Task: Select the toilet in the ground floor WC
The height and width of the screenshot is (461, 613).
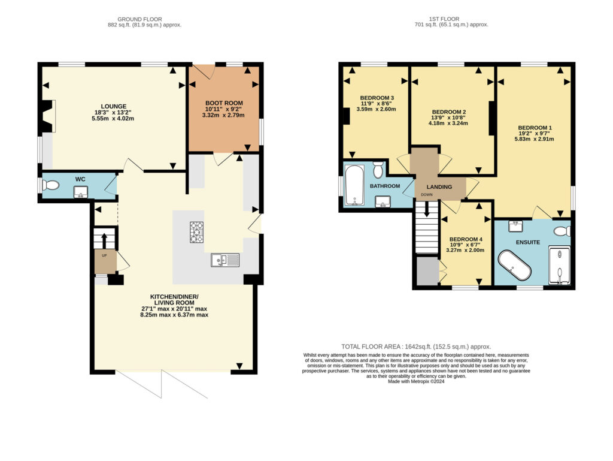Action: pyautogui.click(x=50, y=185)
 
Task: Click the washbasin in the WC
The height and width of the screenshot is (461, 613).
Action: pyautogui.click(x=81, y=192)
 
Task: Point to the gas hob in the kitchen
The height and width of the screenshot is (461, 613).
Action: pyautogui.click(x=196, y=232)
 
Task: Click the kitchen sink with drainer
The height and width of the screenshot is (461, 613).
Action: pyautogui.click(x=225, y=260)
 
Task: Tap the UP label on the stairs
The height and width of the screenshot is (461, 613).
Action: pyautogui.click(x=104, y=255)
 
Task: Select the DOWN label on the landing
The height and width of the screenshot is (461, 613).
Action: pyautogui.click(x=426, y=194)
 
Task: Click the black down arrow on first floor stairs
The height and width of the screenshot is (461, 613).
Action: pyautogui.click(x=426, y=209)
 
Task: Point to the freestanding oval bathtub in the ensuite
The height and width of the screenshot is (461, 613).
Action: pyautogui.click(x=514, y=265)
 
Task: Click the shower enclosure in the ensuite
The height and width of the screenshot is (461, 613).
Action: pyautogui.click(x=560, y=265)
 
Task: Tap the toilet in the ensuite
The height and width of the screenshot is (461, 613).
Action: pyautogui.click(x=563, y=231)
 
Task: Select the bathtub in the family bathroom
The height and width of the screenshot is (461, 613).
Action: pyautogui.click(x=355, y=185)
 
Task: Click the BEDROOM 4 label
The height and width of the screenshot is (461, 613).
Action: pyautogui.click(x=466, y=239)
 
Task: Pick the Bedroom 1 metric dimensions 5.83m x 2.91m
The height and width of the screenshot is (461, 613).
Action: pyautogui.click(x=534, y=138)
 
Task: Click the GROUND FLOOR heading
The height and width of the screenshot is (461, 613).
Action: pyautogui.click(x=139, y=19)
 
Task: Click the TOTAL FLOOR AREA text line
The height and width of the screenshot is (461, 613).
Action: pyautogui.click(x=416, y=346)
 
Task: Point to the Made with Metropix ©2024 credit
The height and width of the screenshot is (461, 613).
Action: pyautogui.click(x=416, y=381)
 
